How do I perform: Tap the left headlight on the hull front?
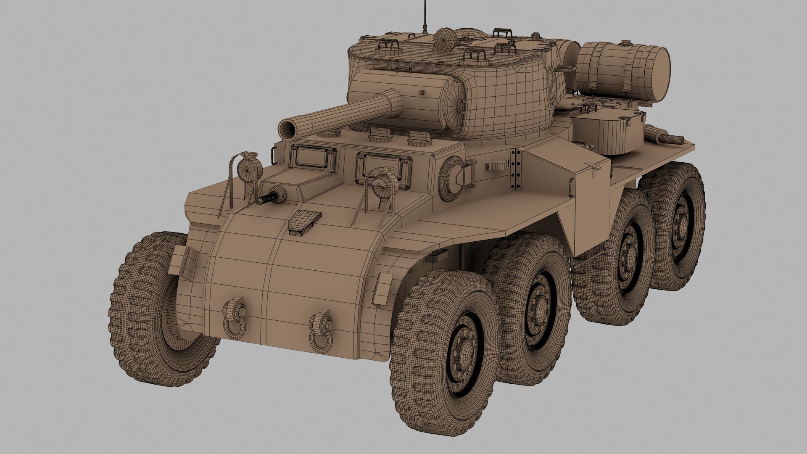(248, 169)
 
